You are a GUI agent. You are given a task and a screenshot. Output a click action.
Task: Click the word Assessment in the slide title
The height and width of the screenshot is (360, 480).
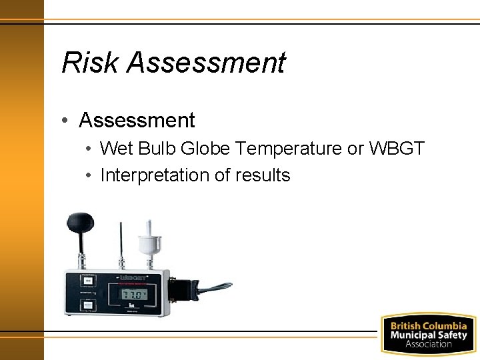pyautogui.click(x=206, y=63)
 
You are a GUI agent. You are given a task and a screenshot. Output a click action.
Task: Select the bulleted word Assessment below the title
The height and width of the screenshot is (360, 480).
pyautogui.click(x=137, y=121)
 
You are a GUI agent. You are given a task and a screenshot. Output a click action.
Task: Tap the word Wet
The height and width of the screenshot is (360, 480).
pyautogui.click(x=116, y=149)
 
